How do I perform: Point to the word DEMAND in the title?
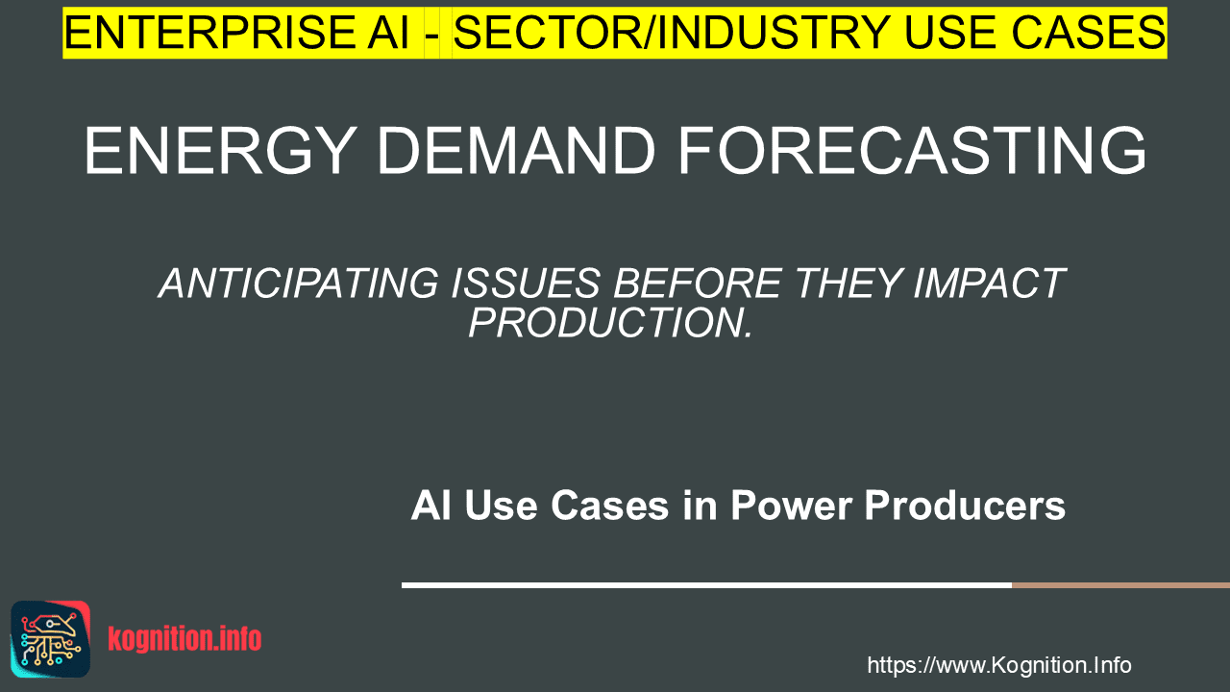click(x=517, y=151)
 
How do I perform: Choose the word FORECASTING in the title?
click(x=912, y=151)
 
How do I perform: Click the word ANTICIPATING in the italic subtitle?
click(x=299, y=284)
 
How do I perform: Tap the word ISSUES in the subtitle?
click(x=526, y=284)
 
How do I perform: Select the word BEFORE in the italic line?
click(x=698, y=284)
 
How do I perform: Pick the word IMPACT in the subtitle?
click(x=990, y=284)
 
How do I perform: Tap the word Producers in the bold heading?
click(x=965, y=506)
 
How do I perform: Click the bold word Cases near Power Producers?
click(x=610, y=506)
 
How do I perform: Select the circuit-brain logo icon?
click(x=51, y=639)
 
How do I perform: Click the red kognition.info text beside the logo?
click(x=184, y=639)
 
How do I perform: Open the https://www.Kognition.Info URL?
click(x=998, y=665)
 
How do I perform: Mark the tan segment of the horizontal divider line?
click(x=1120, y=585)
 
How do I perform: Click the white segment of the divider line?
click(x=706, y=585)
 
